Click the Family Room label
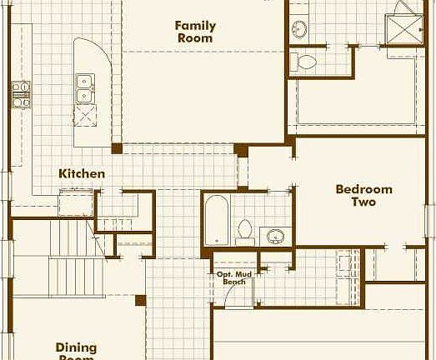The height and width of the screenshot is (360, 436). coord(195,32)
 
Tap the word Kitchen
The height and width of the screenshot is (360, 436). coord(82,174)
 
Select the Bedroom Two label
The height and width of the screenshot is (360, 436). coord(363,195)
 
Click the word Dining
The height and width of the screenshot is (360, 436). coord(76,347)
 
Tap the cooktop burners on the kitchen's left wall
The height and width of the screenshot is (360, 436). coord(20,94)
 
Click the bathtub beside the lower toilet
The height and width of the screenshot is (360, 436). coord(215,219)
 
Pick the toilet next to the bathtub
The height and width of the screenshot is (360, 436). coord(245,229)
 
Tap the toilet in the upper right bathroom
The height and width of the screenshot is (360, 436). coord(307,61)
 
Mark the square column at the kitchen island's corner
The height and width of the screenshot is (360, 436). coord(118,148)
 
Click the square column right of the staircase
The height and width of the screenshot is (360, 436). coord(141,300)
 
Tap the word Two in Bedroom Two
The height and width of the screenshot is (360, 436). coord(363,202)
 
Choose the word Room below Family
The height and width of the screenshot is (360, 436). coord(195,37)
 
